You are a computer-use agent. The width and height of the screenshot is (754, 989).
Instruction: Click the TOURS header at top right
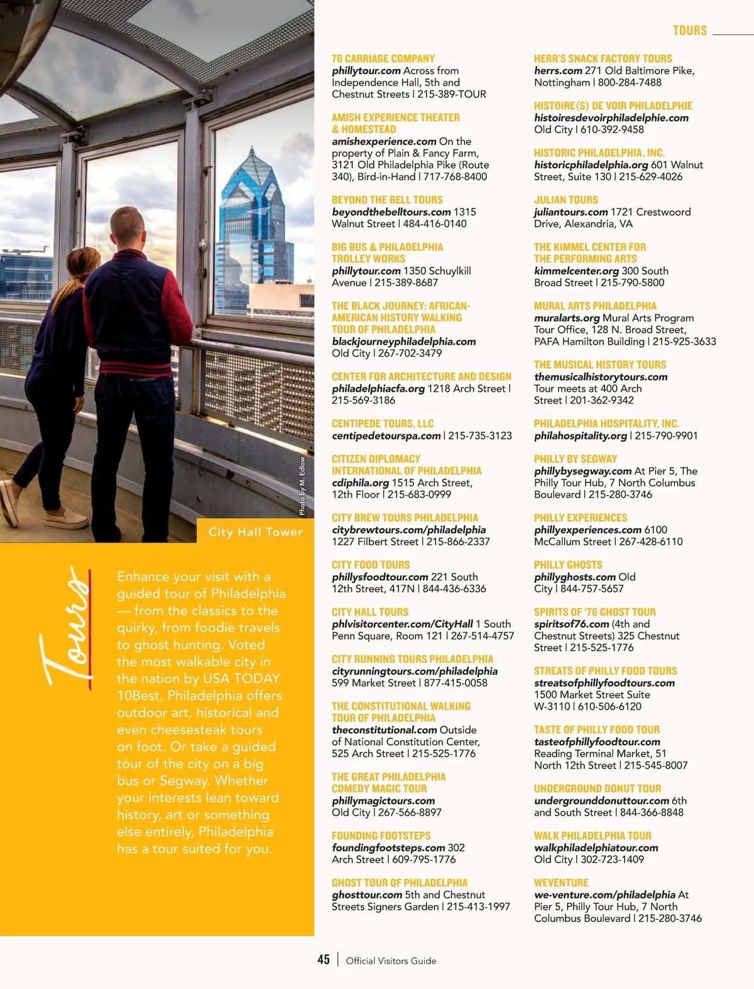pos(689,30)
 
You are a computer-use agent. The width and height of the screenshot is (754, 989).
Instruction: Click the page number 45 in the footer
pos(324,959)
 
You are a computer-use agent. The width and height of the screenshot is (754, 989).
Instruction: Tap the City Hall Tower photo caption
pos(255,532)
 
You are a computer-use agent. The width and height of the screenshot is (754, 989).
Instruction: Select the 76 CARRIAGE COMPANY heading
pos(383,58)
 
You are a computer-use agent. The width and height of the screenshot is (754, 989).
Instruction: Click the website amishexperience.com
pos(384,141)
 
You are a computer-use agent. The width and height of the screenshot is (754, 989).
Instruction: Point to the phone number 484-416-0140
pos(435,224)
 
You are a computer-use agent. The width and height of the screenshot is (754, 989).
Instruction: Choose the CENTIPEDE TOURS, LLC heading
pos(383,424)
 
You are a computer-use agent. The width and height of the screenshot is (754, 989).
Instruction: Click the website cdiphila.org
pos(360,483)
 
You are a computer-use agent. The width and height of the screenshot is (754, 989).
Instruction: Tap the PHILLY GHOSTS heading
pos(568,565)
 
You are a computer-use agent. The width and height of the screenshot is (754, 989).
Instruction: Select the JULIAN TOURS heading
pos(565,200)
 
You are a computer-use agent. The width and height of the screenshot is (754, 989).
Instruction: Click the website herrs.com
pos(558,71)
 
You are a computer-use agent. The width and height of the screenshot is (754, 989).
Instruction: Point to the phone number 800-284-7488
pos(630,82)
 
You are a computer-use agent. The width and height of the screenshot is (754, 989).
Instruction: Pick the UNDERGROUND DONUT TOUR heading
pos(598,789)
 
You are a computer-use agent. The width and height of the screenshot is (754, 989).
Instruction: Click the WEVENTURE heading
pos(561,883)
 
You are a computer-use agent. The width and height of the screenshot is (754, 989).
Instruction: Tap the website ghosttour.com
pos(367,895)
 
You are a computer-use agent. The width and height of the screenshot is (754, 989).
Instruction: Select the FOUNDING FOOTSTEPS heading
pos(381,836)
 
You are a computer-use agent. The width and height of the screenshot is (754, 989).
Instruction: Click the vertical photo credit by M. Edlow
pos(302,487)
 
